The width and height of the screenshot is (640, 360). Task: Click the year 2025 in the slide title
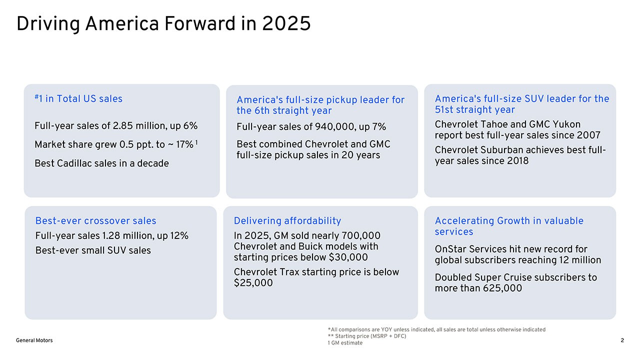[x=286, y=23]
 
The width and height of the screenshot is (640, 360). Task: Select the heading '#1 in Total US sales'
[x=78, y=98]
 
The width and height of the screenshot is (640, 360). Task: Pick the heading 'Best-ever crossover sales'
[x=95, y=220]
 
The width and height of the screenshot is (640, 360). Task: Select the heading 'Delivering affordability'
[x=287, y=220]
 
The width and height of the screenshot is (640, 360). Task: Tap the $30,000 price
[x=348, y=257]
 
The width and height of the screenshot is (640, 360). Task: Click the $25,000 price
[x=253, y=283]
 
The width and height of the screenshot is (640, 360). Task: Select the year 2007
[x=588, y=135]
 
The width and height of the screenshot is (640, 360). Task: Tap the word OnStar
[x=450, y=249]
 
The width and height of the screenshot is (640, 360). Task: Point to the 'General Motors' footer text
[x=34, y=340]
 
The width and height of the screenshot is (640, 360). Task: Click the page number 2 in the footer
[x=622, y=340]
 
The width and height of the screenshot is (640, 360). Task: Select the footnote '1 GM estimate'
[x=345, y=343]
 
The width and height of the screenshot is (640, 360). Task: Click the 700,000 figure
[x=361, y=235]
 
